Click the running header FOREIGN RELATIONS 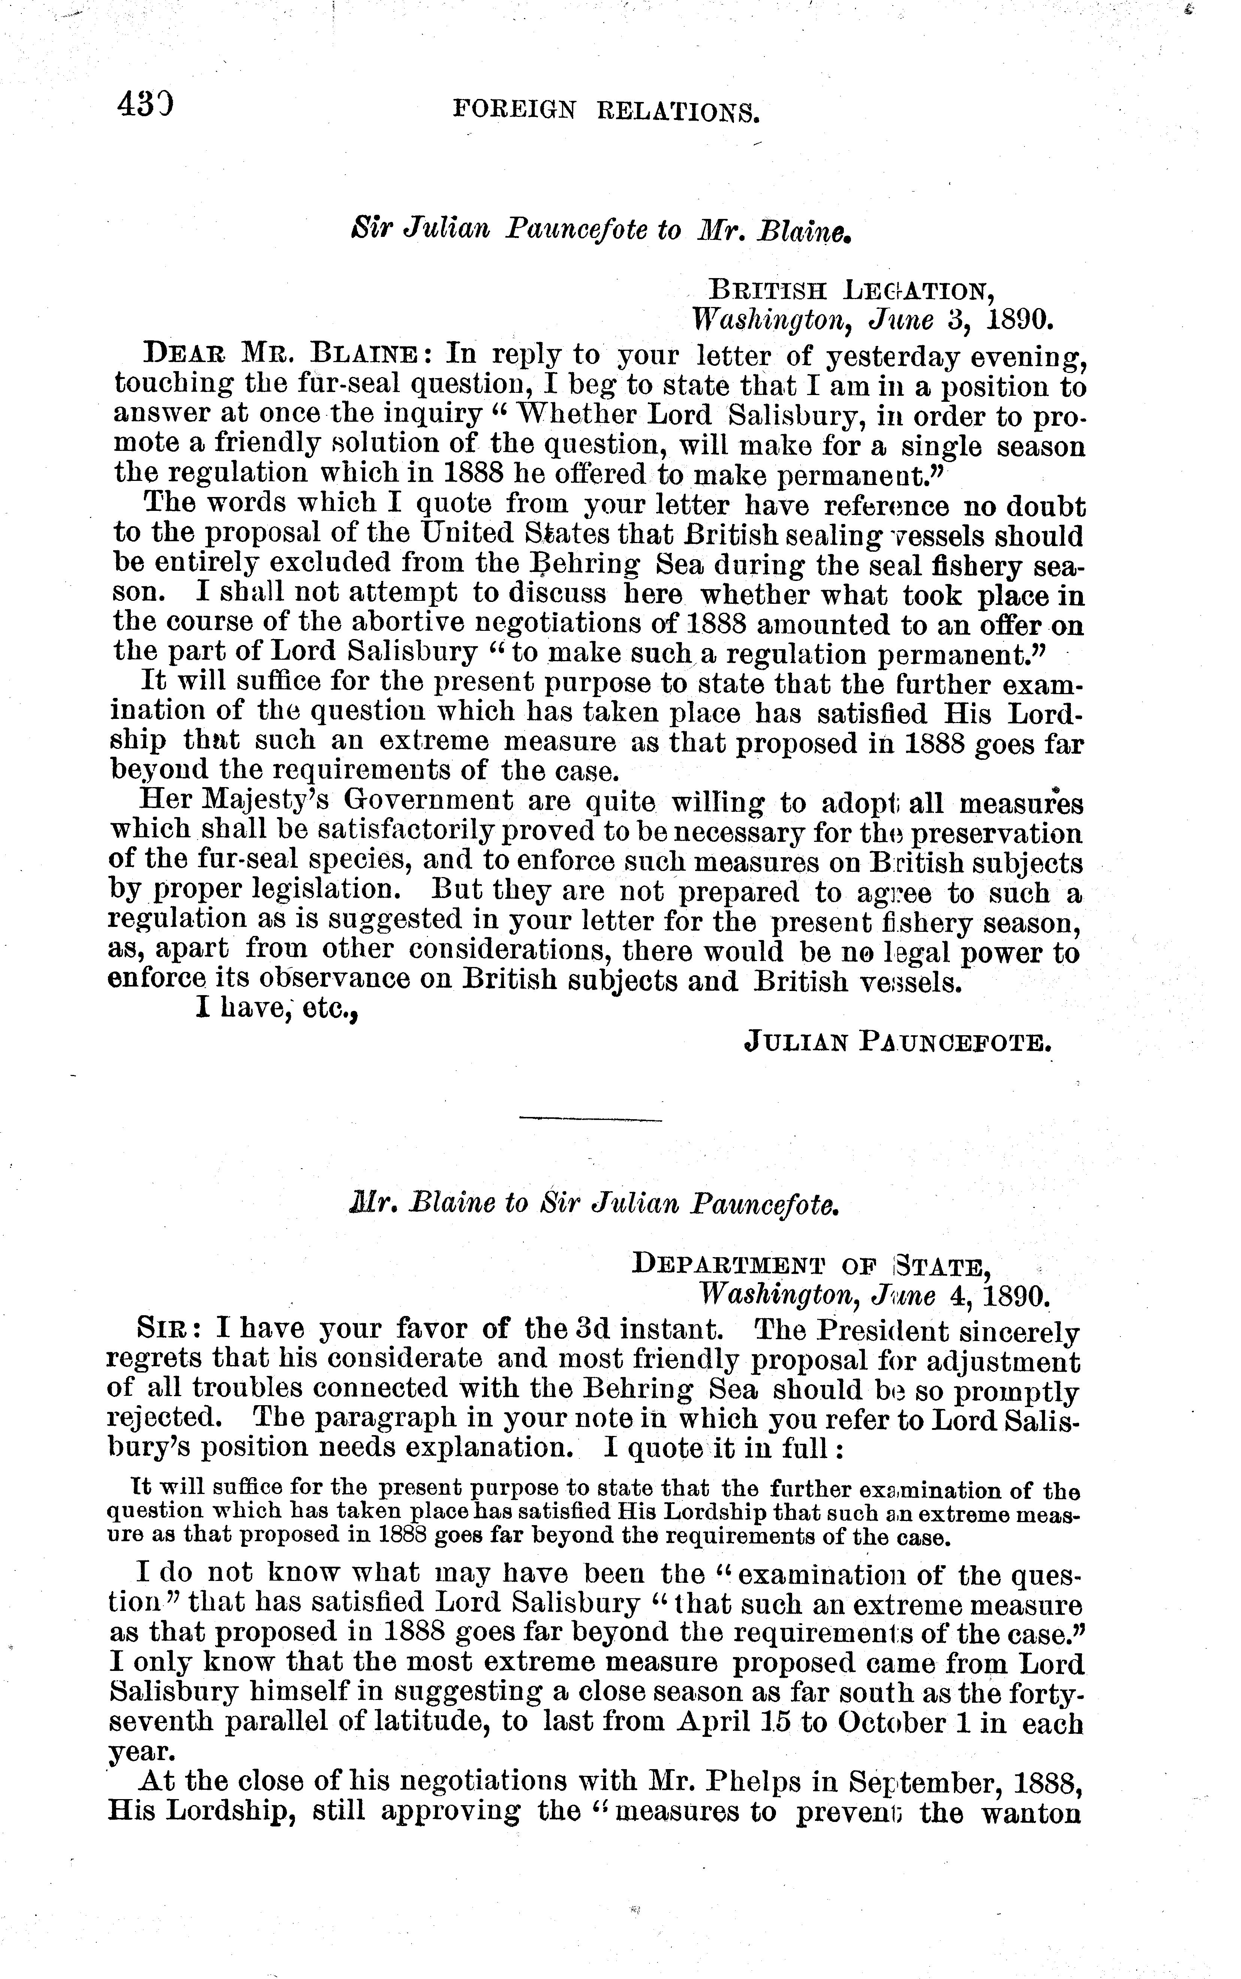[607, 110]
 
